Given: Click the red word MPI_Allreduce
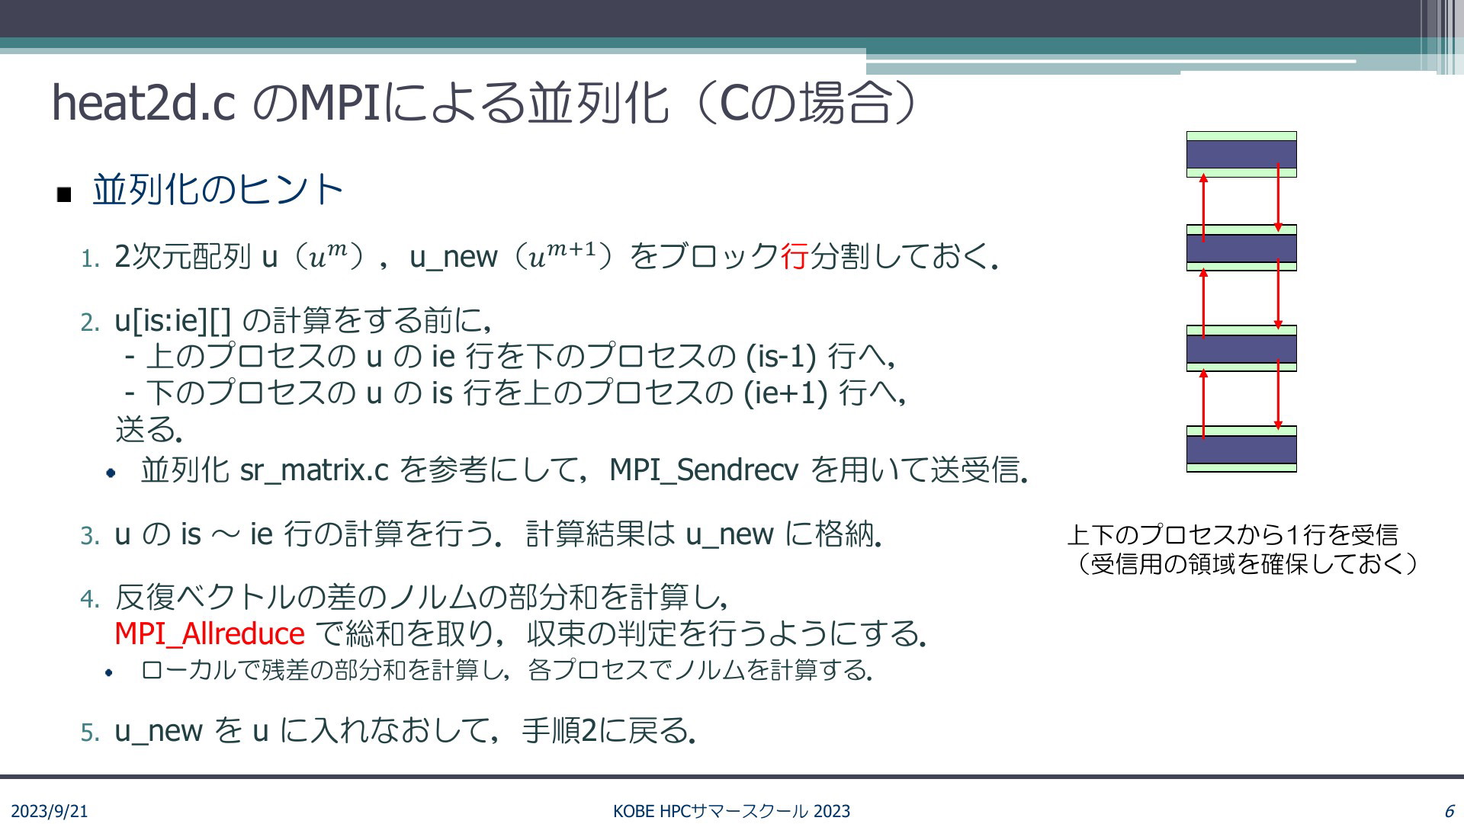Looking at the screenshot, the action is pyautogui.click(x=210, y=633).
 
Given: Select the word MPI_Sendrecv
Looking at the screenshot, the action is pyautogui.click(x=704, y=470).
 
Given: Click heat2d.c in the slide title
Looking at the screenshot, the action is pyautogui.click(x=143, y=102).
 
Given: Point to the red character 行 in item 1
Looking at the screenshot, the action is pyautogui.click(x=794, y=257).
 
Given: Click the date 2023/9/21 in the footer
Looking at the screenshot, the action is pyautogui.click(x=50, y=811).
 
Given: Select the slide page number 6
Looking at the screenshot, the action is pyautogui.click(x=1449, y=811).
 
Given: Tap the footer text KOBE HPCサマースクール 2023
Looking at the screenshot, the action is pyautogui.click(x=731, y=811).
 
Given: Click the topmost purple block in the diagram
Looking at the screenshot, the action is pyautogui.click(x=1241, y=154).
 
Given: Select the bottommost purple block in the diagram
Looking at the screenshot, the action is pyautogui.click(x=1241, y=449).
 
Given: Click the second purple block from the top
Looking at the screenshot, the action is pyautogui.click(x=1241, y=248).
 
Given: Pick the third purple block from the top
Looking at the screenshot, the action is pyautogui.click(x=1241, y=348).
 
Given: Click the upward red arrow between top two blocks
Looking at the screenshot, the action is pyautogui.click(x=1204, y=207).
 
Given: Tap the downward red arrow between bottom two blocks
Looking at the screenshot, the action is pyautogui.click(x=1279, y=395).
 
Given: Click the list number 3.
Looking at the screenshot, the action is pyautogui.click(x=90, y=536).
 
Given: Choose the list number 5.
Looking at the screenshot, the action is pyautogui.click(x=90, y=733).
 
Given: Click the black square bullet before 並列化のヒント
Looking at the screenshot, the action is pyautogui.click(x=64, y=195).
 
